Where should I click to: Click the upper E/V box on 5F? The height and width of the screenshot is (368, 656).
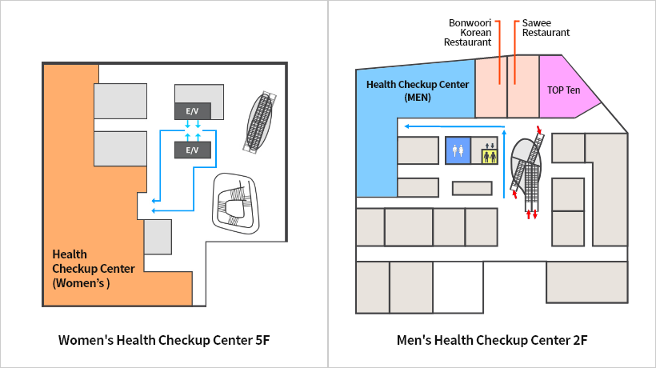(x=192, y=110)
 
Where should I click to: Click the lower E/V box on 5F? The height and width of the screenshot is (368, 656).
(x=192, y=150)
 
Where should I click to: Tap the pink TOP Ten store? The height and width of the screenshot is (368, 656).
(x=563, y=90)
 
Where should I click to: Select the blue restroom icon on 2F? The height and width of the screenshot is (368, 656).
(x=458, y=150)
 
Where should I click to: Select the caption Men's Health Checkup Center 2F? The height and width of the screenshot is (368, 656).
(x=492, y=340)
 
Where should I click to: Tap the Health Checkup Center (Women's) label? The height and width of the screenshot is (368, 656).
(x=93, y=268)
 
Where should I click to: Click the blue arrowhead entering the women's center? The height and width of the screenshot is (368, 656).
(x=154, y=210)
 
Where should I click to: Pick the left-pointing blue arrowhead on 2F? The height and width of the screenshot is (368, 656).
(x=406, y=126)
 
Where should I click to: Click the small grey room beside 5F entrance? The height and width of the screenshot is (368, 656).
(x=158, y=236)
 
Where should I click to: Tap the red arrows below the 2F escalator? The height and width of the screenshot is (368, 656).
(x=531, y=215)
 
